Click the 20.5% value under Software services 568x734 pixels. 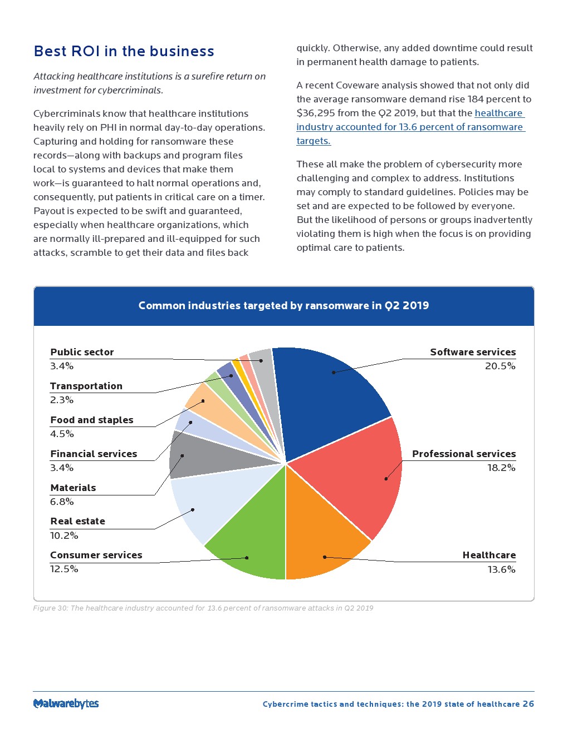(x=500, y=366)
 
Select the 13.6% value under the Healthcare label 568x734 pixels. (x=501, y=569)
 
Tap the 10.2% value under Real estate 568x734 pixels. (x=64, y=535)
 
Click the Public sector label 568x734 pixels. (x=82, y=352)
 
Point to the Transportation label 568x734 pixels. (x=86, y=386)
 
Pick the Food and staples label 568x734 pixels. (x=92, y=420)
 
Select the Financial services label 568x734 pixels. (x=94, y=454)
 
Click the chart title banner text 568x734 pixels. (x=283, y=305)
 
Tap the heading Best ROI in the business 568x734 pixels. (x=124, y=51)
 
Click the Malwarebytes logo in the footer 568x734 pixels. (x=66, y=703)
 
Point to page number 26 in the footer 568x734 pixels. (x=528, y=704)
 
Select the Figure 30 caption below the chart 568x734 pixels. (x=203, y=608)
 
